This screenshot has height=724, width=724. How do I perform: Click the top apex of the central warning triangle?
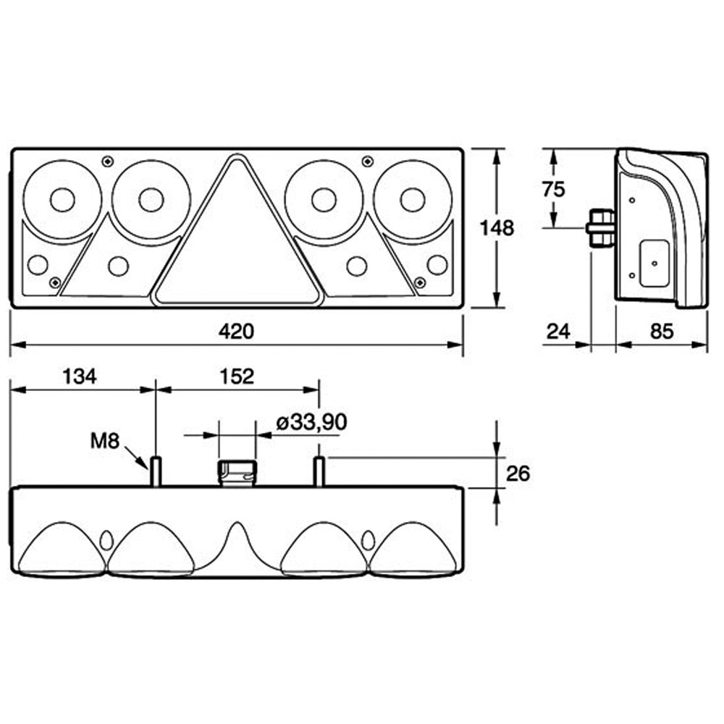click(x=237, y=155)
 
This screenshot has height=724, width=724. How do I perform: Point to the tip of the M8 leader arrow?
click(x=148, y=468)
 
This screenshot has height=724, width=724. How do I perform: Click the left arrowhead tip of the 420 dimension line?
click(x=11, y=345)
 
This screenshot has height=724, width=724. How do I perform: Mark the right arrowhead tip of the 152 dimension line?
click(x=319, y=390)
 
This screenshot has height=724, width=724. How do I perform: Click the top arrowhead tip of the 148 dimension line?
click(x=497, y=150)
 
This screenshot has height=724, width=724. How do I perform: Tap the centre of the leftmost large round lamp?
click(x=62, y=200)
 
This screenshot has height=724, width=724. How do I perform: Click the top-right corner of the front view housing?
click(x=462, y=148)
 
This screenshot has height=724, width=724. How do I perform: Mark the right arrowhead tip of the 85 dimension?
click(x=707, y=345)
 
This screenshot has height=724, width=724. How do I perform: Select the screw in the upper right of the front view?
click(x=368, y=161)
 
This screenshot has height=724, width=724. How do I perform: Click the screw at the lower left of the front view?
click(x=55, y=282)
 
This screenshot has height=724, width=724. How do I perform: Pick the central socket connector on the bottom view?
click(x=237, y=473)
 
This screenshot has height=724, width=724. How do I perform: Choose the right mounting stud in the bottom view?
click(x=319, y=471)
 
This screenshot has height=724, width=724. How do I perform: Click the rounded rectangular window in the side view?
click(x=654, y=264)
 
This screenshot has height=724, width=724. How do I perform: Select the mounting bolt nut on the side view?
click(x=600, y=228)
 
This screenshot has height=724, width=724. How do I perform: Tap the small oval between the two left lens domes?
click(x=106, y=540)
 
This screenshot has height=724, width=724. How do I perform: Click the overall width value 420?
click(x=237, y=331)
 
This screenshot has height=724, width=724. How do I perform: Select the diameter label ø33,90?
click(x=311, y=422)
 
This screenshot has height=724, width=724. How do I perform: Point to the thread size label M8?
click(x=105, y=441)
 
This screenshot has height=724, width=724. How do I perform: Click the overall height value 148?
click(x=497, y=228)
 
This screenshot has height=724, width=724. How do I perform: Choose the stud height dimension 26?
click(x=518, y=473)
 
